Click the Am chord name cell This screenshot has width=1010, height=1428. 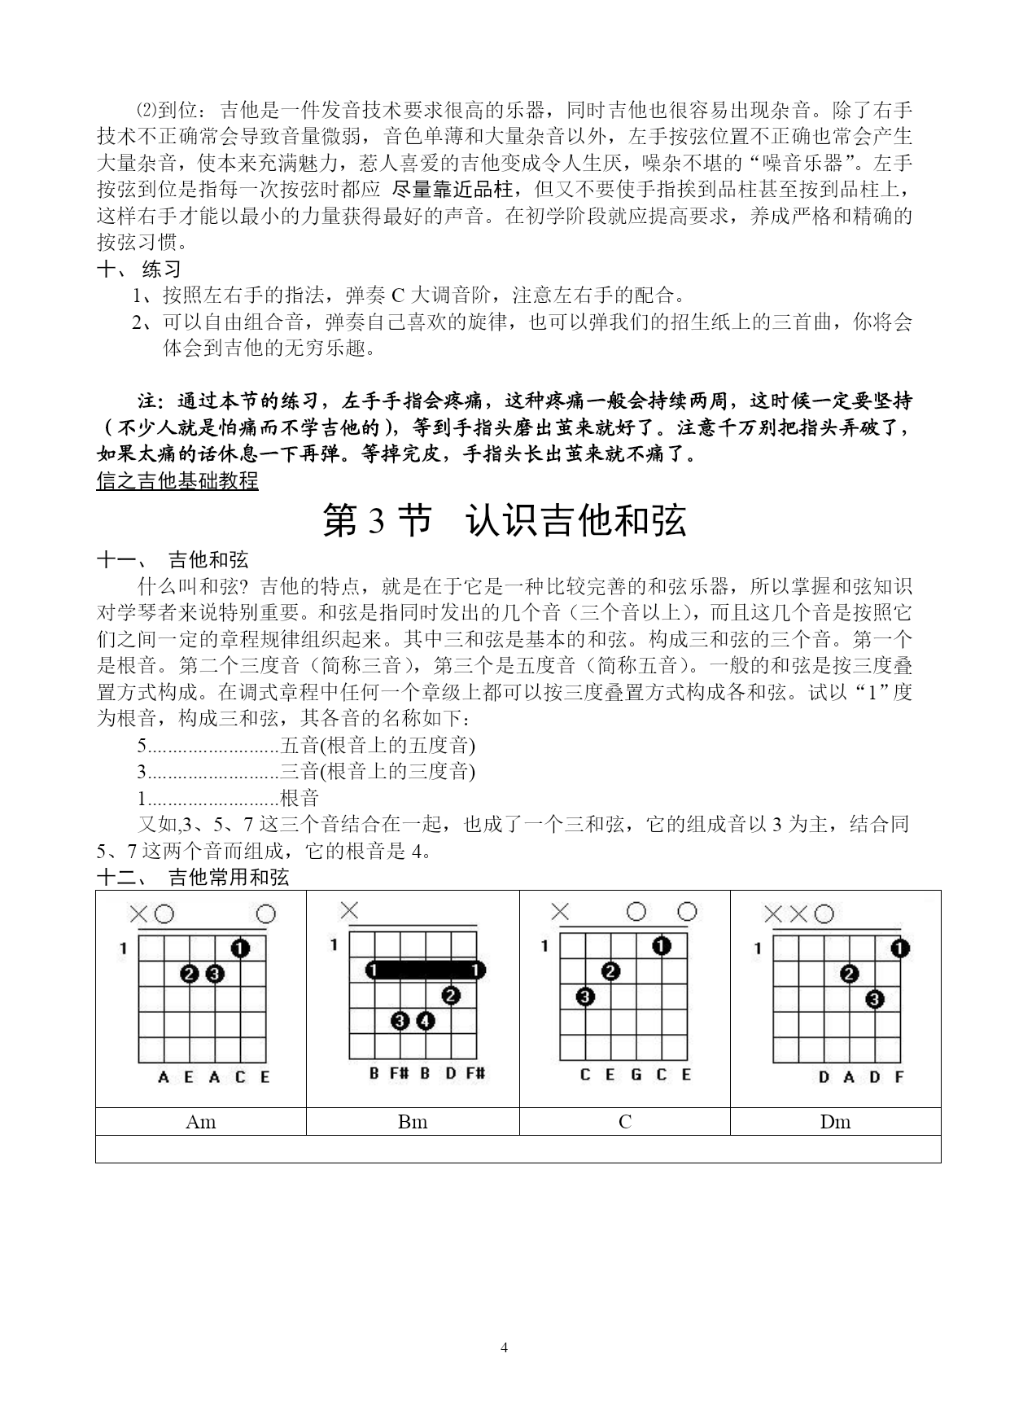click(201, 1122)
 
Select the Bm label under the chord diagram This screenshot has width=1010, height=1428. click(413, 1122)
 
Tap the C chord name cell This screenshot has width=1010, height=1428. click(624, 1122)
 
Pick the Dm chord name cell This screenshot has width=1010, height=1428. click(835, 1122)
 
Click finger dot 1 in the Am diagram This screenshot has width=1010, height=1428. click(239, 948)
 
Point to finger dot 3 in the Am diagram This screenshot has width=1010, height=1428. click(215, 974)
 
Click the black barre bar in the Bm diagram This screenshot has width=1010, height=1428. click(424, 970)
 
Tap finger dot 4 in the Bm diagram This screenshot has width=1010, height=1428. click(425, 1020)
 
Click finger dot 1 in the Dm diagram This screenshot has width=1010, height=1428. click(899, 948)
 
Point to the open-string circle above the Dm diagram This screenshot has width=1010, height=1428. click(824, 914)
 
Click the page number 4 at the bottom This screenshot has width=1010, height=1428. click(505, 1347)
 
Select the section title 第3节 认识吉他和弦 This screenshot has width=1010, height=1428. click(505, 521)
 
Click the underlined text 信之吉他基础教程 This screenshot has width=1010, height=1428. click(177, 480)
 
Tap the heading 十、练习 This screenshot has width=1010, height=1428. click(139, 269)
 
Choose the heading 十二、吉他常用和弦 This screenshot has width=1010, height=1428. click(192, 877)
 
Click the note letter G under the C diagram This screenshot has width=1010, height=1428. click(636, 1075)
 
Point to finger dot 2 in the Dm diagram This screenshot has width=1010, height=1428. click(850, 974)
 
